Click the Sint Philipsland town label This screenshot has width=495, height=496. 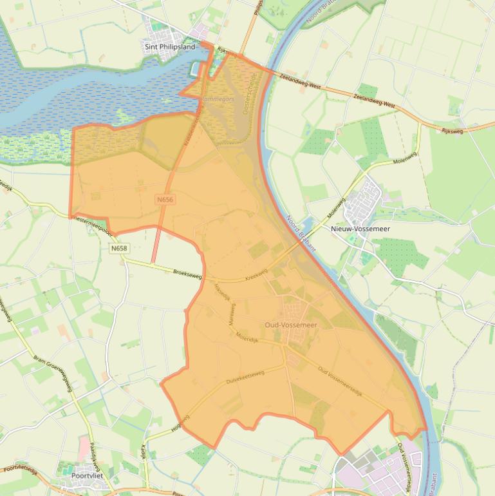[x=169, y=46]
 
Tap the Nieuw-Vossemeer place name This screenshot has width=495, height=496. [x=360, y=229]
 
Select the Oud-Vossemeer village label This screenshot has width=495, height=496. [x=291, y=325]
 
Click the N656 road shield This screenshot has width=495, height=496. [x=165, y=200]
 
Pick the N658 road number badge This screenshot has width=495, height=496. [x=118, y=248]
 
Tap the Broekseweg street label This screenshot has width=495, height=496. [x=187, y=274]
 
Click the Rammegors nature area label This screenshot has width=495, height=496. [x=217, y=100]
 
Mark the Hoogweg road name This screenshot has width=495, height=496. [x=180, y=423]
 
